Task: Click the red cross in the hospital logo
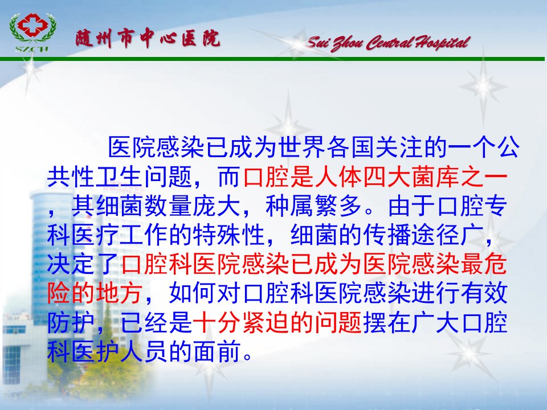click(x=33, y=24)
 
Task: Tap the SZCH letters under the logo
click(x=32, y=49)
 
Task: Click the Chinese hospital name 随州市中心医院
click(x=148, y=38)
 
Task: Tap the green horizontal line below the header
click(x=272, y=59)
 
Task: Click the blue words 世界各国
click(x=326, y=147)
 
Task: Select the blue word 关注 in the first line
click(x=399, y=147)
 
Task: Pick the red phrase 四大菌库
click(x=411, y=177)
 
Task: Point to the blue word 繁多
click(x=338, y=206)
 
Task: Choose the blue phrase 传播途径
click(x=411, y=235)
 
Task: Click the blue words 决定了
click(x=83, y=264)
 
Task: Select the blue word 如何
click(x=193, y=293)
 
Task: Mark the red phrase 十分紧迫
click(x=241, y=322)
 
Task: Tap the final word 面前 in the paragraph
click(x=217, y=351)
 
